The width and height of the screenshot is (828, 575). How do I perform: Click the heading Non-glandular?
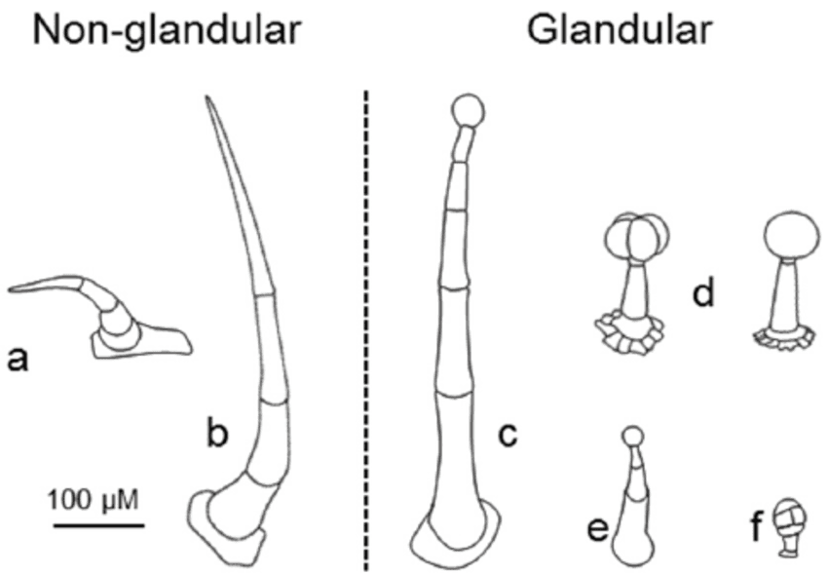pyautogui.click(x=167, y=30)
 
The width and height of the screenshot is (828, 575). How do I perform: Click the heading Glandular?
pyautogui.click(x=620, y=29)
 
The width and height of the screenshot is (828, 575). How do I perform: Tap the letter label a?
pyautogui.click(x=18, y=361)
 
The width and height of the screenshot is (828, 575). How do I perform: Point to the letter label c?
pyautogui.click(x=508, y=436)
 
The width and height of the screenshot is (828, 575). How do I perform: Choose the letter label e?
pyautogui.click(x=598, y=528)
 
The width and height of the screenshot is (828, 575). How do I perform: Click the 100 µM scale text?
pyautogui.click(x=94, y=499)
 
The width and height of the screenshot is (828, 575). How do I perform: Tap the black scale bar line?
pyautogui.click(x=98, y=525)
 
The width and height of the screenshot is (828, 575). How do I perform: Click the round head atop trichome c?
pyautogui.click(x=468, y=110)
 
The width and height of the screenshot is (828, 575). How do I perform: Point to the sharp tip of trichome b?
pyautogui.click(x=207, y=96)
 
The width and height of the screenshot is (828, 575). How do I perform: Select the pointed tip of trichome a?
pyautogui.click(x=10, y=289)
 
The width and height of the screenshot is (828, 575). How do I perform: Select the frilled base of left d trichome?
pyautogui.click(x=629, y=334)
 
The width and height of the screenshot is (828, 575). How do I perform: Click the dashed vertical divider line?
pyautogui.click(x=366, y=330)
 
